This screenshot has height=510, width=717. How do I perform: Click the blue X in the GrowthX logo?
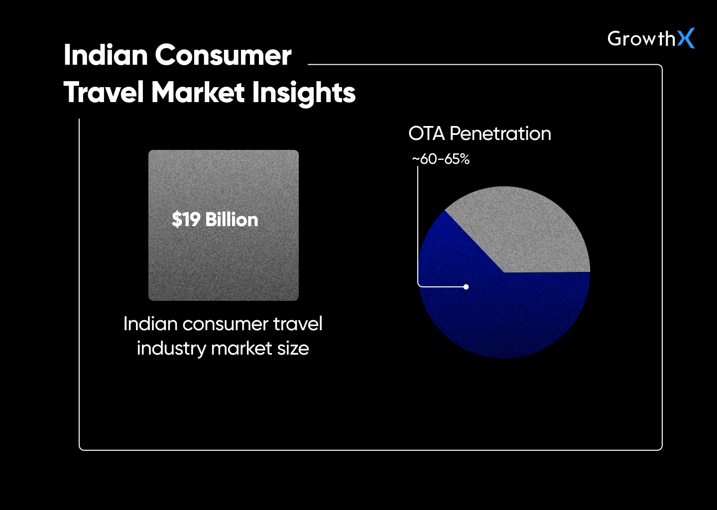(686, 38)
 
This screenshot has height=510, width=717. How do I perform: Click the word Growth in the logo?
(641, 39)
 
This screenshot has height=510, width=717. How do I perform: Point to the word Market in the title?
(199, 93)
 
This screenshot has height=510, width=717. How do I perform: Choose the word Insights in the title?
(304, 93)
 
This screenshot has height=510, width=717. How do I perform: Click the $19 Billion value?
(215, 220)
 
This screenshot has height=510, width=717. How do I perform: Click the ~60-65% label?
(441, 159)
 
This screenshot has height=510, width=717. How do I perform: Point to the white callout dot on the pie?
(466, 287)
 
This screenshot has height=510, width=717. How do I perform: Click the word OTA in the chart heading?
(426, 133)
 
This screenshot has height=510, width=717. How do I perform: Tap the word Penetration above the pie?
(500, 133)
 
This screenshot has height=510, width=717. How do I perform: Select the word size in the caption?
(293, 349)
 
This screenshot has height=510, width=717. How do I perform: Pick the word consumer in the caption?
(219, 324)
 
